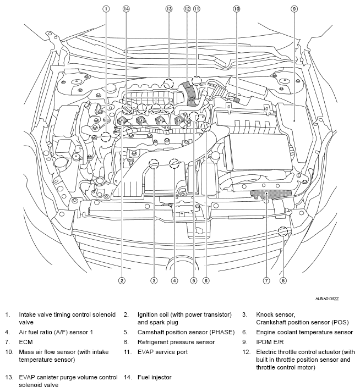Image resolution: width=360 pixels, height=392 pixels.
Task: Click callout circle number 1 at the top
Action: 106,9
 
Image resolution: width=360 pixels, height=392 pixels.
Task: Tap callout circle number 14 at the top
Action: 126,9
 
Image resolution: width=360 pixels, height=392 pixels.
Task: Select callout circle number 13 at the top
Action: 168,9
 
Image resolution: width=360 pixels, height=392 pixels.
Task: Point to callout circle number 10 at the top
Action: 237,9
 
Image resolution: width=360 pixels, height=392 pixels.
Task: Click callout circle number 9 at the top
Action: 294,9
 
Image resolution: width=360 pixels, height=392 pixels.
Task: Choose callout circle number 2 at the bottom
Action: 122,280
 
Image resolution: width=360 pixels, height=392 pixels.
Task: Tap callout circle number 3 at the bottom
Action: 155,280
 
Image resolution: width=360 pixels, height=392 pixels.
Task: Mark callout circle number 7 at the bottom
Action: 266,280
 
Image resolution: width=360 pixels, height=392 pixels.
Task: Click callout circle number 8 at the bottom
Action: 283,280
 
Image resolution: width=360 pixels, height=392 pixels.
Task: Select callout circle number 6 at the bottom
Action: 206,280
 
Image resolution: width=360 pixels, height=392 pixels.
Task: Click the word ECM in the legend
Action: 26,341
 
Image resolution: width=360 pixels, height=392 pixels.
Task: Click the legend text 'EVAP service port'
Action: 162,351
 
